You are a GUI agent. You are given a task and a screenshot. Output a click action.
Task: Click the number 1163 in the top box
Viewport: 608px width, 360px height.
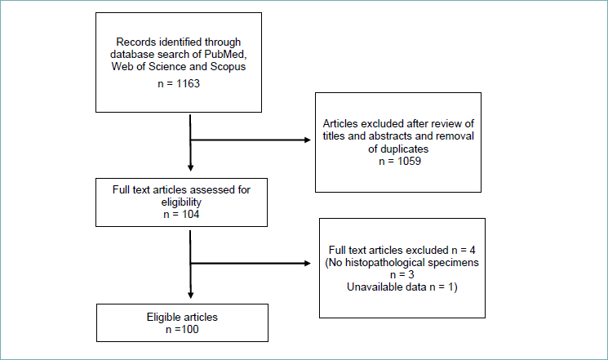(188, 83)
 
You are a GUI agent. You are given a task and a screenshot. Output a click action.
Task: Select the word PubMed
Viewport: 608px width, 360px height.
(226, 54)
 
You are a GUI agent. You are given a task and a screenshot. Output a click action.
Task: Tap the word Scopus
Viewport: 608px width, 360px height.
(228, 67)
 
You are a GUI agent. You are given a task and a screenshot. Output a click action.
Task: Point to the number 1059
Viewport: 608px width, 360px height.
(409, 161)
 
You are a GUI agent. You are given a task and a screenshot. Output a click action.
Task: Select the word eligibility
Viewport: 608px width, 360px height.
(181, 202)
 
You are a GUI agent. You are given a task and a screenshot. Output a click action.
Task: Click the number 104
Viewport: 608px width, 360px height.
(190, 214)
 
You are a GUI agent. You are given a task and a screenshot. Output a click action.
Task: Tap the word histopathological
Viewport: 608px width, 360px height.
(392, 263)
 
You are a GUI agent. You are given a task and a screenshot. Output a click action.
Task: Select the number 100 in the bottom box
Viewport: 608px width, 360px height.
(190, 329)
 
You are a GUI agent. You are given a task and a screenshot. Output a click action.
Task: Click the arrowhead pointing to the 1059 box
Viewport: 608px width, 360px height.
(308, 140)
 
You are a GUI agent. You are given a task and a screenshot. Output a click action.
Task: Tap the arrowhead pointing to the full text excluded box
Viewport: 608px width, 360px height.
(308, 264)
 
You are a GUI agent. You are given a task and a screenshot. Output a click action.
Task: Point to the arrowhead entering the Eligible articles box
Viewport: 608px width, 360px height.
(190, 296)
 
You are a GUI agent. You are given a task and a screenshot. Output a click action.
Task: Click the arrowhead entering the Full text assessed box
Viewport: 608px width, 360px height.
(190, 168)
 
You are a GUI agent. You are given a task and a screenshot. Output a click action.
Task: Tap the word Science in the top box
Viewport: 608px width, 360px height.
(167, 66)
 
